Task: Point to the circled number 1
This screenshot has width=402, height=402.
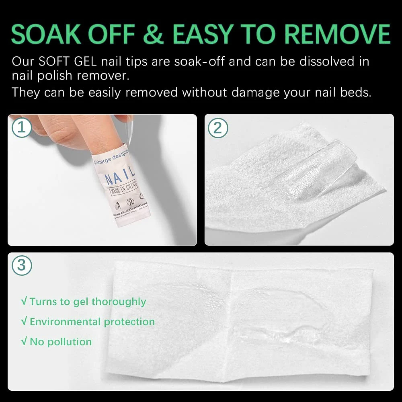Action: coord(21,128)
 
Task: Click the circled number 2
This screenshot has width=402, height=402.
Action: coord(218,128)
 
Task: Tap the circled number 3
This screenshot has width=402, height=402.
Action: coord(21,266)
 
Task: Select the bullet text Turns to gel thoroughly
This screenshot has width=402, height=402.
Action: coord(88,301)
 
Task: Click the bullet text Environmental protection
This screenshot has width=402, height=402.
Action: coord(92,322)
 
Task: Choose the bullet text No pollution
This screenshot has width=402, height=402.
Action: coord(61,342)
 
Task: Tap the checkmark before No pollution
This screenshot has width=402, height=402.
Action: coord(24,342)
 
